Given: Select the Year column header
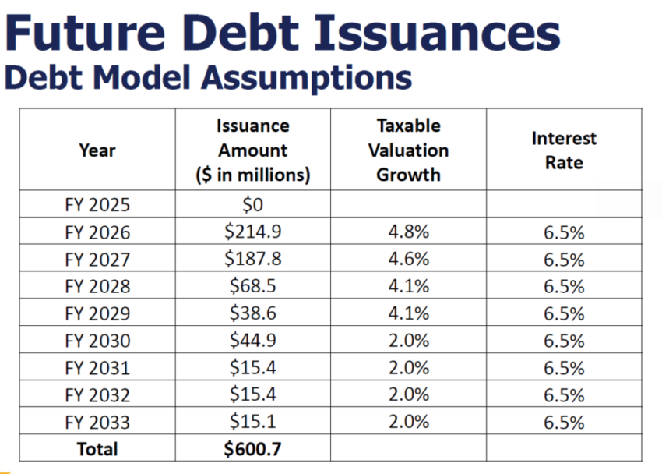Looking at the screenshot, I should [97, 150].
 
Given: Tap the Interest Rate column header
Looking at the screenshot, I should [564, 150].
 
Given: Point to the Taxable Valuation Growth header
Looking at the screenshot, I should [408, 150].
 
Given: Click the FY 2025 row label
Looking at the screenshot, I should [97, 205].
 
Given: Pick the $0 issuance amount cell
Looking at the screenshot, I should [252, 205].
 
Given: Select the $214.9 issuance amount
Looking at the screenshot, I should [252, 232].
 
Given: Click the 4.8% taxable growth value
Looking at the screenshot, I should [408, 232].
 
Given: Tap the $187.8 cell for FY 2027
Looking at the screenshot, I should [252, 259].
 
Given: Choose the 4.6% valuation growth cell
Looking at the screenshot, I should [408, 259].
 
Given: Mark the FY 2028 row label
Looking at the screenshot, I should [97, 286].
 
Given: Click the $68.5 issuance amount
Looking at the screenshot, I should [252, 286].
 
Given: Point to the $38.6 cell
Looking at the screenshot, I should [252, 313].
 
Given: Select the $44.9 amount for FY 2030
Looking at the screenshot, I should [252, 341].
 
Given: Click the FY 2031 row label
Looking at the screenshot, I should [97, 368].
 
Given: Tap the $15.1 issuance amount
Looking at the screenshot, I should [252, 422].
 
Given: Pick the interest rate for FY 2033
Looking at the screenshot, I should [564, 422].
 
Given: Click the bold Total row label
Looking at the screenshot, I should [97, 449].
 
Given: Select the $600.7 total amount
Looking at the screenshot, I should [252, 449].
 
